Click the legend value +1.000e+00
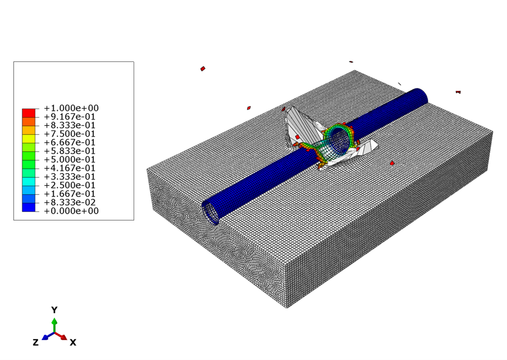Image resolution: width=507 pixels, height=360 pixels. (x=71, y=108)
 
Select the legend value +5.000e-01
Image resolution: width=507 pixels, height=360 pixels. (x=71, y=160)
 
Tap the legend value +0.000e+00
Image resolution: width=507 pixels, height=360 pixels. (x=71, y=211)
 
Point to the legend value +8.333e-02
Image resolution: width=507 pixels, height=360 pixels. (x=71, y=203)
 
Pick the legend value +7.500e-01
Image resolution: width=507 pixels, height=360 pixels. (x=71, y=134)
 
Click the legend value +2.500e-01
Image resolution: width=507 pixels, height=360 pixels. (x=71, y=185)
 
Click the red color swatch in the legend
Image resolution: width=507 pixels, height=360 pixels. (x=29, y=113)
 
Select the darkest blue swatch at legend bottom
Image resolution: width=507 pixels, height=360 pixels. (x=29, y=207)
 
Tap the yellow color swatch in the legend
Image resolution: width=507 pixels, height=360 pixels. (x=29, y=138)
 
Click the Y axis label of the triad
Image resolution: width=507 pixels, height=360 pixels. (x=54, y=310)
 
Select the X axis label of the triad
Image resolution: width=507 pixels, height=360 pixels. (x=73, y=342)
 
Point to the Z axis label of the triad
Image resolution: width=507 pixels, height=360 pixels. (x=36, y=342)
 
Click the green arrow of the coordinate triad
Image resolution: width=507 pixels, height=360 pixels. (x=54, y=324)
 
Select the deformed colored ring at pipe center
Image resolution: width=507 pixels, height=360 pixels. (x=339, y=138)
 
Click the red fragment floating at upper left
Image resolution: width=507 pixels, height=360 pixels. (x=203, y=68)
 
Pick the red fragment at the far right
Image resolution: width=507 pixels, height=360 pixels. (x=458, y=92)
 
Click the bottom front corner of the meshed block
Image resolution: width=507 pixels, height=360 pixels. (x=287, y=307)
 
